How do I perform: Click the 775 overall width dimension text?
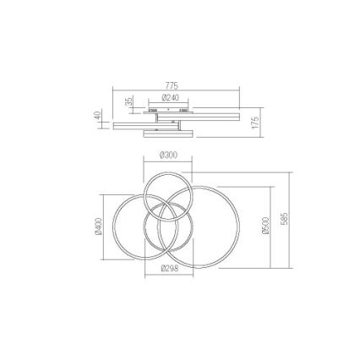pyautogui.click(x=172, y=85)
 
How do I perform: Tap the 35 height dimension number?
pyautogui.click(x=128, y=101)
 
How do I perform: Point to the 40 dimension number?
pyautogui.click(x=97, y=116)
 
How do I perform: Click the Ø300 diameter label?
pyautogui.click(x=168, y=155)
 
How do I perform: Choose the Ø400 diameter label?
pyautogui.click(x=98, y=227)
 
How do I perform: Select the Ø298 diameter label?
pyautogui.click(x=169, y=269)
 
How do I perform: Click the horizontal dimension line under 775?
pyautogui.click(x=177, y=90)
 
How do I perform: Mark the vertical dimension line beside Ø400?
pyautogui.click(x=104, y=228)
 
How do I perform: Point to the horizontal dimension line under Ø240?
pyautogui.click(x=170, y=101)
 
